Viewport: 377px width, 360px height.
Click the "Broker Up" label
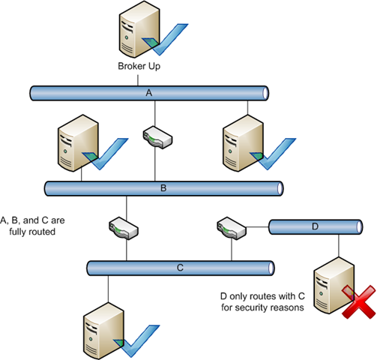click(x=139, y=67)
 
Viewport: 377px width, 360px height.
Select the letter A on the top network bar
click(x=149, y=93)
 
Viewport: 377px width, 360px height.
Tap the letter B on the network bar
click(x=163, y=188)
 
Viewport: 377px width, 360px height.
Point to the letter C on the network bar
click(x=180, y=268)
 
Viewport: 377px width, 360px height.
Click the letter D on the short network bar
click(x=316, y=226)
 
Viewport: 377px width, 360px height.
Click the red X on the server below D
click(x=359, y=302)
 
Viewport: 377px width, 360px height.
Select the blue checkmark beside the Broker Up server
click(x=165, y=39)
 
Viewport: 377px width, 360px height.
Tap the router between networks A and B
click(x=157, y=137)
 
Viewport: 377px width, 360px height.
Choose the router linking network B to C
click(x=124, y=229)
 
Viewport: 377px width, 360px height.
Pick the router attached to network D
click(x=232, y=229)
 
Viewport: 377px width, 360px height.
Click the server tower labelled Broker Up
click(x=139, y=29)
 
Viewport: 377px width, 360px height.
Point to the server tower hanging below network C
click(x=103, y=331)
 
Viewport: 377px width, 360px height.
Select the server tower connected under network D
click(x=334, y=285)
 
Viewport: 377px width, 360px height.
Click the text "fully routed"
click(x=32, y=232)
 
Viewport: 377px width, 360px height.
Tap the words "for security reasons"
click(x=262, y=307)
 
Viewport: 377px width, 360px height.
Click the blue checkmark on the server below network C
click(x=136, y=341)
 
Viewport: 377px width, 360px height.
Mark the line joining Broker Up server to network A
click(x=138, y=80)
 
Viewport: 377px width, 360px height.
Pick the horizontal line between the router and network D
click(x=258, y=227)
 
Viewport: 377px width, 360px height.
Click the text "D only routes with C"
click(x=262, y=296)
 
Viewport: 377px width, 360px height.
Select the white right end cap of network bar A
click(x=265, y=93)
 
